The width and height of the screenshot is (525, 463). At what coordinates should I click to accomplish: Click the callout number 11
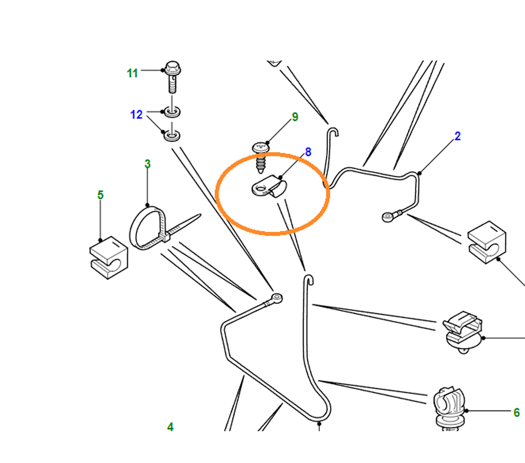132,74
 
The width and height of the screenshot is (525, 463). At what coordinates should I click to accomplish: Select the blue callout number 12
137,115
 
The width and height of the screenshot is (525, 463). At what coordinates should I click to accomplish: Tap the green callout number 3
148,164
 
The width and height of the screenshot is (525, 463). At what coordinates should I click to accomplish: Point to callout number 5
100,195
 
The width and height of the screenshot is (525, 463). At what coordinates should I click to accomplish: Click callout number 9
295,117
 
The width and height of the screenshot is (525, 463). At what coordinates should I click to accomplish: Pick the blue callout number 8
308,152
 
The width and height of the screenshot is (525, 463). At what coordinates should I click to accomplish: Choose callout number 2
458,136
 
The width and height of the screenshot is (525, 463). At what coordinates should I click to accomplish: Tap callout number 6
516,412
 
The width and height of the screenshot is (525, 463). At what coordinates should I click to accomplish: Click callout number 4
170,427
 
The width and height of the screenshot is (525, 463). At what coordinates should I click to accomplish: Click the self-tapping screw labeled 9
260,157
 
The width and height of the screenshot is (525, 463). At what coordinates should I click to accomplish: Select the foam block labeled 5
108,258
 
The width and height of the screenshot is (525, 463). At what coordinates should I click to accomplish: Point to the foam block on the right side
486,242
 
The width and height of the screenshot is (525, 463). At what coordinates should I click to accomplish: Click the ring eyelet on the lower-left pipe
277,298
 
